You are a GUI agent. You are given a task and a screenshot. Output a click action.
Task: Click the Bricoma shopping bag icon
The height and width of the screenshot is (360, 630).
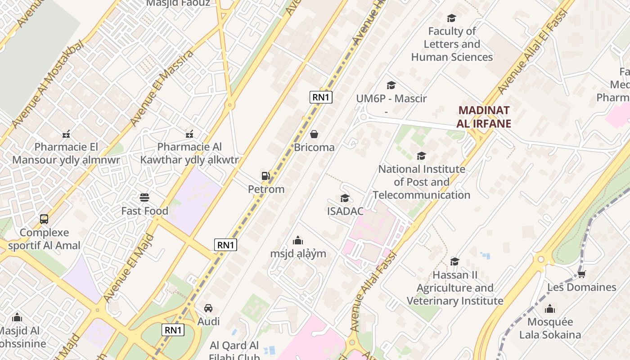(314, 134)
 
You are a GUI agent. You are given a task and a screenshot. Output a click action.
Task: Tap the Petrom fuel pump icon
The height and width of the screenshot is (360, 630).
(265, 176)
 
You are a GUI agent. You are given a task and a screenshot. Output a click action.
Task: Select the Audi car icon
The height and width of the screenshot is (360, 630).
(208, 308)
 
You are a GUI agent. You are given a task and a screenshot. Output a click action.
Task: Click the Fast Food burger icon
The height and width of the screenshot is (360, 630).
(144, 198)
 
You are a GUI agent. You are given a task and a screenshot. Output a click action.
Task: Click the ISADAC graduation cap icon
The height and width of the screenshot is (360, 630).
(345, 198)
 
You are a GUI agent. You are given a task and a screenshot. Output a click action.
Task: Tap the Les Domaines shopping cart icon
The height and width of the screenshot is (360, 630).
(581, 274)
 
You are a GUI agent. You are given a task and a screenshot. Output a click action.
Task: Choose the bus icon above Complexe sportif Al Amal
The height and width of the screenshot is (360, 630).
(44, 219)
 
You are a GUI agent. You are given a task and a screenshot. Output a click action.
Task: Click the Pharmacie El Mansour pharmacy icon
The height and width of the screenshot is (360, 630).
(66, 134)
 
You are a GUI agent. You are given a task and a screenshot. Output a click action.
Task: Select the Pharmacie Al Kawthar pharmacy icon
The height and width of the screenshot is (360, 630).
(189, 134)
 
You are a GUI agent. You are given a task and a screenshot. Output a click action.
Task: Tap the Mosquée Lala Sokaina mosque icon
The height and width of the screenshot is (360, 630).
(549, 309)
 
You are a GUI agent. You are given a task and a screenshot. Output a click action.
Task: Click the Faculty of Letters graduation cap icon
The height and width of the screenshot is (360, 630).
(451, 18)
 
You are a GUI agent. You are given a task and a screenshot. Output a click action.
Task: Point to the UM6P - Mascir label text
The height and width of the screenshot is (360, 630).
(391, 99)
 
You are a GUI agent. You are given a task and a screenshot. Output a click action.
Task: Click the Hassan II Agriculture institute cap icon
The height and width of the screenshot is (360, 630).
(455, 261)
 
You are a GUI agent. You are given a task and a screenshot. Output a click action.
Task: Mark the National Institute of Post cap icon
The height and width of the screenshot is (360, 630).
(421, 156)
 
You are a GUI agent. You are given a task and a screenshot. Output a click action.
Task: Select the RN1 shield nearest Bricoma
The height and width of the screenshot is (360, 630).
(321, 97)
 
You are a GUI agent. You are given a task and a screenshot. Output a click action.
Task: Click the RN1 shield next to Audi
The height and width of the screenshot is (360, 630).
(173, 330)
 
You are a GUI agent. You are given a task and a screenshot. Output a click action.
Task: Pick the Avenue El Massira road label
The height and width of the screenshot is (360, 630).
(162, 87)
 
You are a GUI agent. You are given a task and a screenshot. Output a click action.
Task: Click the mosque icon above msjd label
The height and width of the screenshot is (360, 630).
(298, 240)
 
